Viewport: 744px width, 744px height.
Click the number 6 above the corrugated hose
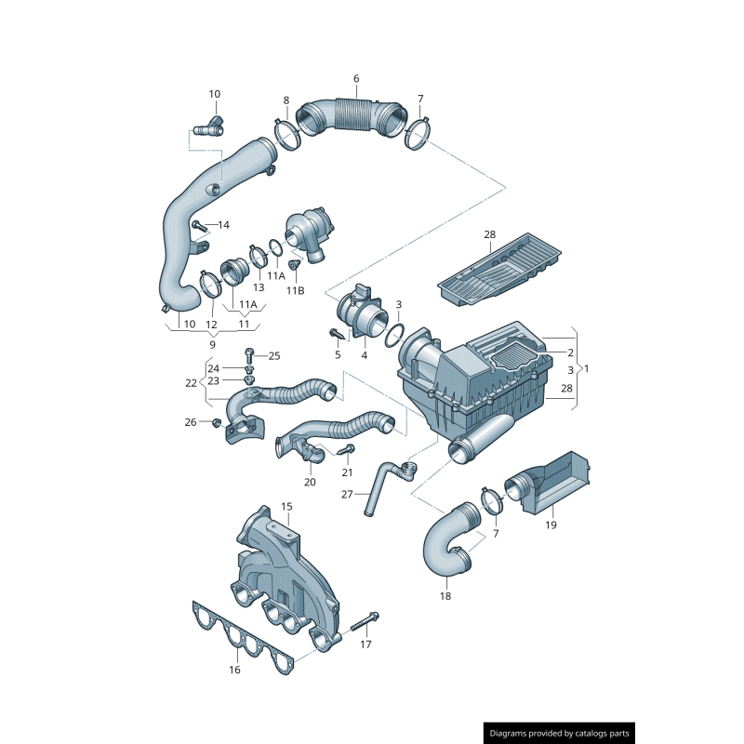[355, 78]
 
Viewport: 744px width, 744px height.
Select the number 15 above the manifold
[286, 506]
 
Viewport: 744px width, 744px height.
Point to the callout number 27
[347, 494]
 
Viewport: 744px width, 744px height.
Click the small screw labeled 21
[349, 450]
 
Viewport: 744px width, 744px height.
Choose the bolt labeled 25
[249, 353]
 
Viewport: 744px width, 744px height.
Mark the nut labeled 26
[217, 423]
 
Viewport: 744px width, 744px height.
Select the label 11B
[295, 290]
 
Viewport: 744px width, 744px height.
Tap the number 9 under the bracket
[212, 344]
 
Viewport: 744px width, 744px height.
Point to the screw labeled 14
[197, 224]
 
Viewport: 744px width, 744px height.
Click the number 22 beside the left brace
[192, 382]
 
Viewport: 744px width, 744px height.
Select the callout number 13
[232, 287]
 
